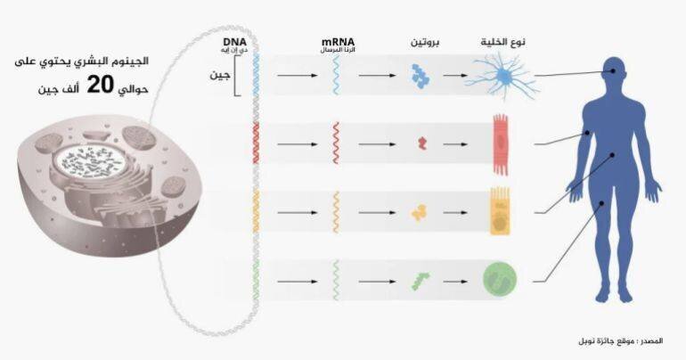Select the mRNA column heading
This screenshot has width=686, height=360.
pyautogui.click(x=338, y=42)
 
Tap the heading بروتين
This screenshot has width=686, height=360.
pyautogui.click(x=425, y=43)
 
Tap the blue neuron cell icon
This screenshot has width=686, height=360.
pyautogui.click(x=502, y=77)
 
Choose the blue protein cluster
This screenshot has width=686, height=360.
pyautogui.click(x=421, y=77)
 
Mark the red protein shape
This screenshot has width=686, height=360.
pyautogui.click(x=422, y=143)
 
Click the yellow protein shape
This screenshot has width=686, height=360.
pyautogui.click(x=419, y=213)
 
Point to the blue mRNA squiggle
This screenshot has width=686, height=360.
pyautogui.click(x=336, y=77)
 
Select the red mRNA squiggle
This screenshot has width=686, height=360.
pyautogui.click(x=335, y=143)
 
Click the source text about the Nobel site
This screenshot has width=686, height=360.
pyautogui.click(x=631, y=341)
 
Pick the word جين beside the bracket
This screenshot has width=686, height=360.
pyautogui.click(x=219, y=75)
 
